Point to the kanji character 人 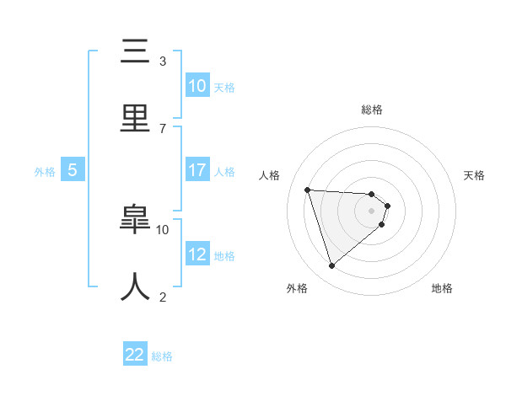(x=136, y=287)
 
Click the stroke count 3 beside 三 (x=163, y=62)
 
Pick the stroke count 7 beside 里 (x=163, y=128)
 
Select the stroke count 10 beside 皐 (x=163, y=229)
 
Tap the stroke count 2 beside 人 (x=163, y=297)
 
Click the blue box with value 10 (x=197, y=86)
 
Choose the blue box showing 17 (x=197, y=169)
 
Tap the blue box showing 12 (x=197, y=254)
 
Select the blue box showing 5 (x=73, y=170)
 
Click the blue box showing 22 (x=135, y=355)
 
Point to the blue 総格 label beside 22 (x=162, y=356)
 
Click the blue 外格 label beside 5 (x=45, y=172)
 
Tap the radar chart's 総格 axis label (x=372, y=110)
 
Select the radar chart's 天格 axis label (x=475, y=175)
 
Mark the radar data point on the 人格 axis (x=308, y=190)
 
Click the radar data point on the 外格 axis (x=331, y=266)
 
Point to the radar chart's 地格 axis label (x=442, y=289)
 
